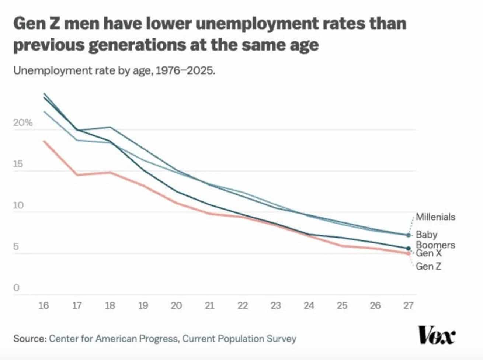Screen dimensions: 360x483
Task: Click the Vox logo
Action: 437,335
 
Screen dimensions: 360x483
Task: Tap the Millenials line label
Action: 435,217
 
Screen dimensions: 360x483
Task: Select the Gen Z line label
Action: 428,266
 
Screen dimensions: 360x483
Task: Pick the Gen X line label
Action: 428,253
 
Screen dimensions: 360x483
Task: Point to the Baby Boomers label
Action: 435,240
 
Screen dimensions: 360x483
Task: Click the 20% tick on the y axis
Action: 23,123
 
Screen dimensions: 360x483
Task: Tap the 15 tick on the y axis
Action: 18,164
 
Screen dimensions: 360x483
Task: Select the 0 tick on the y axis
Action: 16,288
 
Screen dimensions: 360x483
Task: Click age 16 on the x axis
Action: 44,305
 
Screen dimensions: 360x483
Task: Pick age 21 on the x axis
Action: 209,305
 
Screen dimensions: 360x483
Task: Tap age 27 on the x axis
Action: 408,305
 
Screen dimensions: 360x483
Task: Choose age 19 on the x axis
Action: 143,305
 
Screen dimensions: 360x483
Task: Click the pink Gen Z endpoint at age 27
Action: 408,253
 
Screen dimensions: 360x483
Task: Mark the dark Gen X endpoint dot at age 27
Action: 408,248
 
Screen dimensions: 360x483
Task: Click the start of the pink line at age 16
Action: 44,141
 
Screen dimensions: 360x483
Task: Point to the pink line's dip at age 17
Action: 77,175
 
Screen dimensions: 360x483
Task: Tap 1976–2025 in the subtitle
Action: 185,70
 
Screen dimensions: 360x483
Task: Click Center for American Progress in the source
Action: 114,338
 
